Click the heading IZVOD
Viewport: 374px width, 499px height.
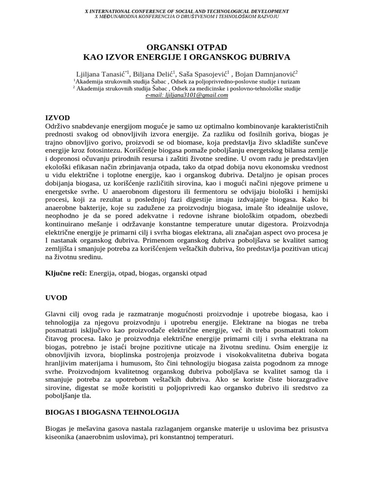point(57,118)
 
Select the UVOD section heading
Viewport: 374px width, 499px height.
point(56,297)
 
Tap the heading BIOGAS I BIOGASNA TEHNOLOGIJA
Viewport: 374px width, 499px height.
point(112,412)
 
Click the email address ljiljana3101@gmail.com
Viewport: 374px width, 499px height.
point(187,96)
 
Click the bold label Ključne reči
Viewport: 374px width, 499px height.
point(65,273)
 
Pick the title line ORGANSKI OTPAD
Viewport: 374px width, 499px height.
point(187,47)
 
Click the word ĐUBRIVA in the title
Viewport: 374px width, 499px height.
point(269,57)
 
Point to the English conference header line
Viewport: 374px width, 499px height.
point(187,11)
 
